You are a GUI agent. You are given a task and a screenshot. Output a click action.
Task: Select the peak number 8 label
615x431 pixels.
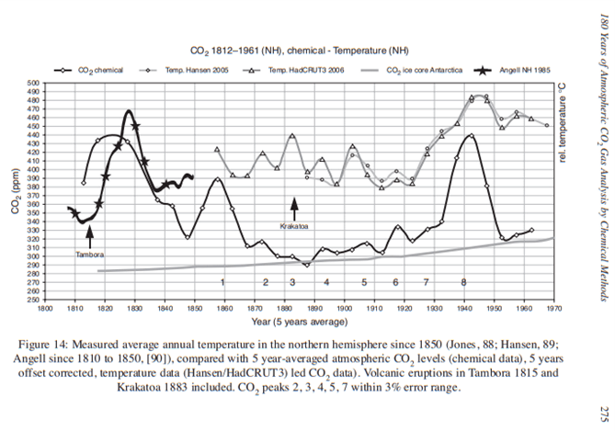point(463,281)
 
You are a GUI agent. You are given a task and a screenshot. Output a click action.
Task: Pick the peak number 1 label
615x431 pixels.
point(222,281)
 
